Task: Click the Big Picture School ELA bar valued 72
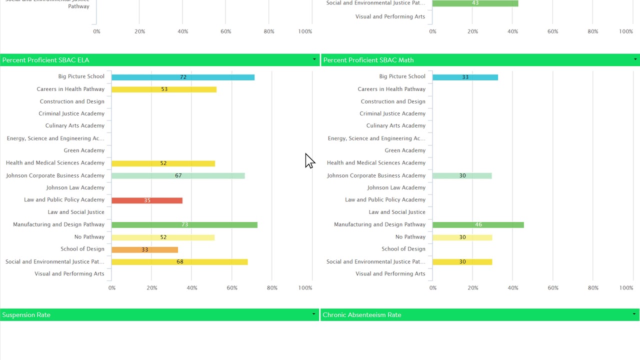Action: click(x=182, y=77)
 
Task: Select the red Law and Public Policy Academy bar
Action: click(x=146, y=200)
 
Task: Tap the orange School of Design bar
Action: click(x=144, y=249)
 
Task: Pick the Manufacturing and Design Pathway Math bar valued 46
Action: click(x=477, y=225)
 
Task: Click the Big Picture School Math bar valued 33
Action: click(x=465, y=77)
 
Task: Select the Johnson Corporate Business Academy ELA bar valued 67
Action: click(x=178, y=176)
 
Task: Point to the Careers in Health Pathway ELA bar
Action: click(x=163, y=89)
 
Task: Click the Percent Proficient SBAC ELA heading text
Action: click(x=46, y=60)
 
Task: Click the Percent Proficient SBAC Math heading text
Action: click(x=368, y=60)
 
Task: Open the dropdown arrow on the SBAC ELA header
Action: click(x=314, y=59)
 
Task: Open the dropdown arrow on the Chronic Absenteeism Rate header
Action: click(x=634, y=314)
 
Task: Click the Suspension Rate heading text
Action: click(x=26, y=315)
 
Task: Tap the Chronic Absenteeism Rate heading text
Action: click(x=362, y=315)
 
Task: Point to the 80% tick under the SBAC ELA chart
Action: click(x=272, y=288)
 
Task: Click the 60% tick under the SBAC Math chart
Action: click(x=552, y=288)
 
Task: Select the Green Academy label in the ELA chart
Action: click(x=84, y=150)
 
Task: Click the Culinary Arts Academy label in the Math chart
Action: click(x=395, y=126)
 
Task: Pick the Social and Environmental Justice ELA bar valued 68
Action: click(x=179, y=262)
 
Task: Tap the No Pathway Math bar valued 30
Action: click(x=462, y=237)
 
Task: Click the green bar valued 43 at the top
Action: click(x=474, y=3)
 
